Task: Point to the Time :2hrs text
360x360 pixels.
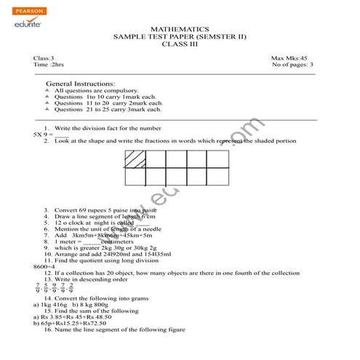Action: click(49, 65)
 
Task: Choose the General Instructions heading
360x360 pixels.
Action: click(80, 84)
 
